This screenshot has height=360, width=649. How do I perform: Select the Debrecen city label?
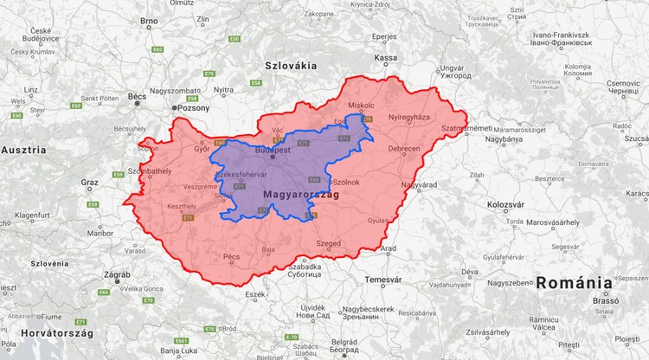pyautogui.click(x=403, y=149)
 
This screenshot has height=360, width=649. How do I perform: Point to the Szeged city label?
pyautogui.click(x=328, y=244)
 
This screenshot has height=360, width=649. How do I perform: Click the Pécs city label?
pyautogui.click(x=231, y=257)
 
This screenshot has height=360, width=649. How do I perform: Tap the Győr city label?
pyautogui.click(x=202, y=148)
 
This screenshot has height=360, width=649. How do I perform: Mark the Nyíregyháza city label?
pyautogui.click(x=408, y=116)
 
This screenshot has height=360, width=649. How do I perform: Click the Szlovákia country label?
pyautogui.click(x=290, y=65)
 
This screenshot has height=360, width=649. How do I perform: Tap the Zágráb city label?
pyautogui.click(x=117, y=274)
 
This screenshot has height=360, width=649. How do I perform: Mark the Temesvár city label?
pyautogui.click(x=383, y=280)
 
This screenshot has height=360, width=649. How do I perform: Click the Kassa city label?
pyautogui.click(x=385, y=58)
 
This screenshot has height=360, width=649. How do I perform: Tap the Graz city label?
pyautogui.click(x=89, y=183)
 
